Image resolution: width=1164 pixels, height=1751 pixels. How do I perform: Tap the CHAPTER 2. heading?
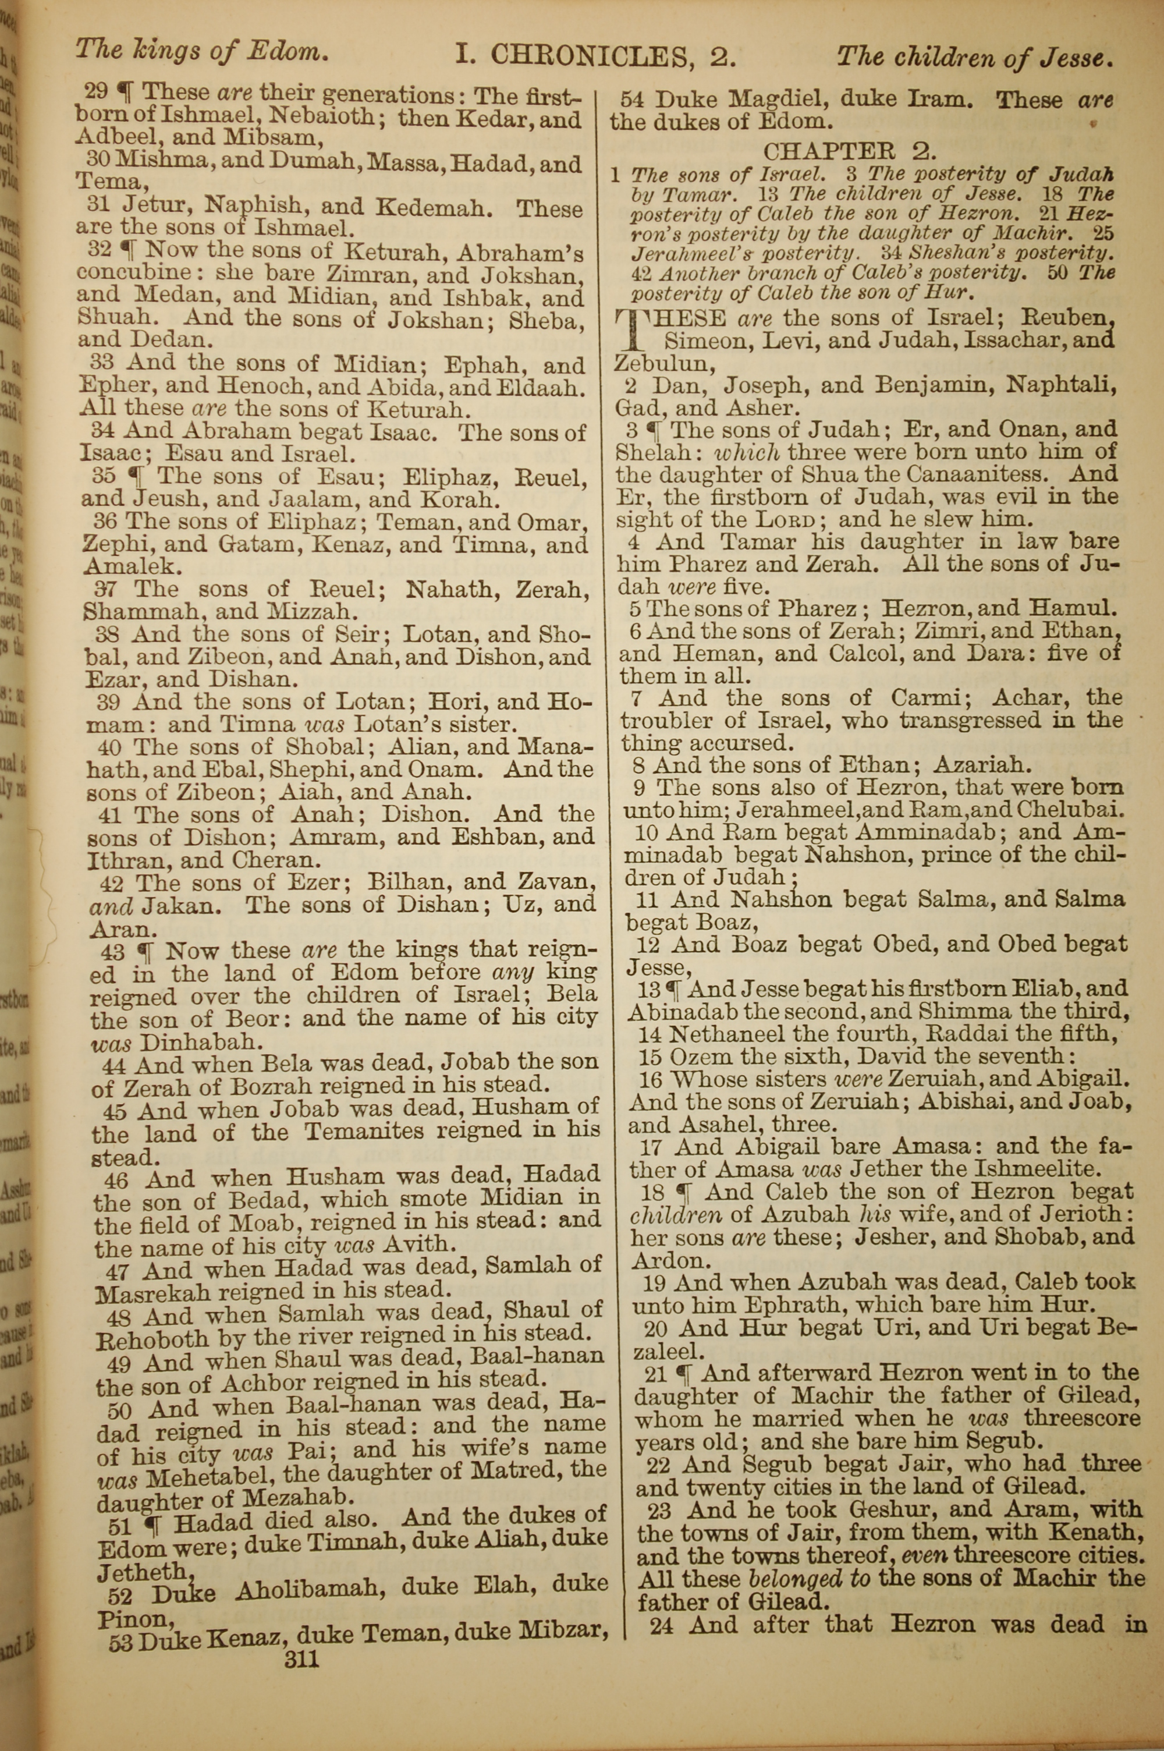tap(850, 151)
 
